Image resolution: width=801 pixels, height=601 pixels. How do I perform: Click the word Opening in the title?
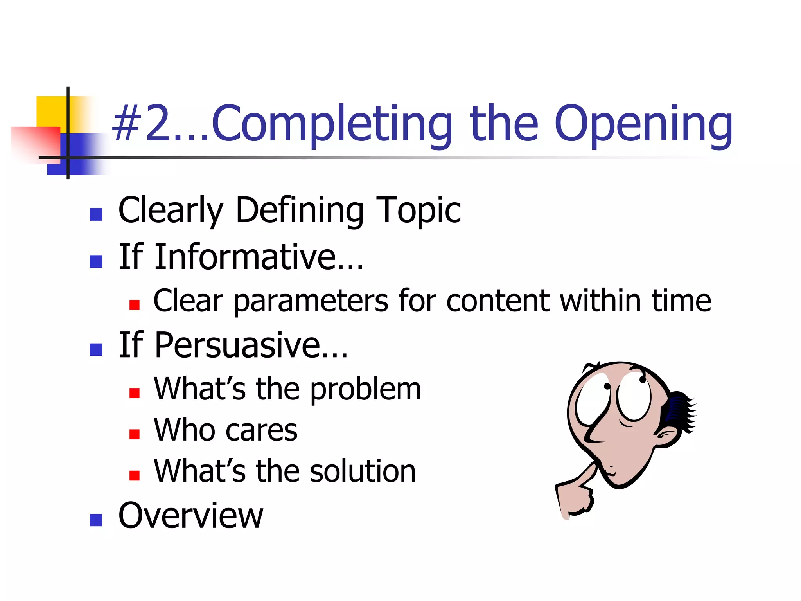(643, 124)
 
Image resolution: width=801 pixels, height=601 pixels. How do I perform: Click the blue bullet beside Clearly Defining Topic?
(96, 214)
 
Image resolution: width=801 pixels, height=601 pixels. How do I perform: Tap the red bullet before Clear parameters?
(134, 305)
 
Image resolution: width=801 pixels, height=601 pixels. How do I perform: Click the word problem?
(366, 390)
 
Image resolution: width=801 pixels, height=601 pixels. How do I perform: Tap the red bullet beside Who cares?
(134, 434)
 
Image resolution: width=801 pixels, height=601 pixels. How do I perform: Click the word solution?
(363, 471)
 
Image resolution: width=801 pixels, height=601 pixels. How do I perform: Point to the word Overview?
(190, 516)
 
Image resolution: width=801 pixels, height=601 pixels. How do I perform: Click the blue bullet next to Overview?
(96, 520)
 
